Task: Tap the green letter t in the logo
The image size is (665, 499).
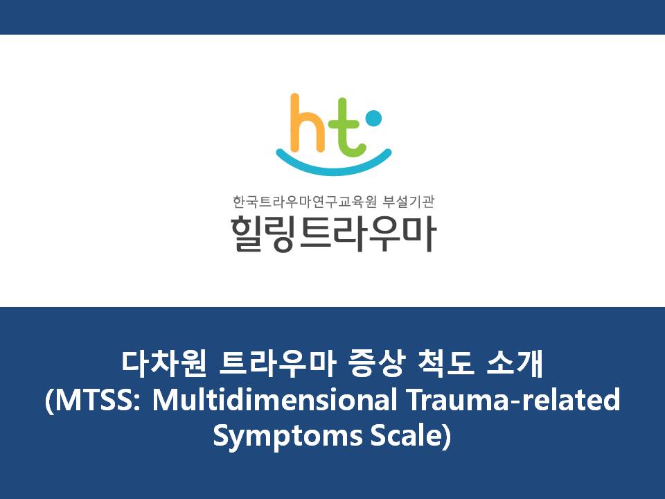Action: pos(348,128)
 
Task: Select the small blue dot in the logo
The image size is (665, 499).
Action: pos(373,119)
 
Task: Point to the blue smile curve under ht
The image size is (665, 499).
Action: pos(334,165)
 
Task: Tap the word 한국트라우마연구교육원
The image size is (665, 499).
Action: pos(304,202)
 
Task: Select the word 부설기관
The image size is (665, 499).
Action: pos(409,202)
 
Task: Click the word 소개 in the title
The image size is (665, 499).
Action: pos(515,364)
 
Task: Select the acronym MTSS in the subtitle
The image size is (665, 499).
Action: pos(94,399)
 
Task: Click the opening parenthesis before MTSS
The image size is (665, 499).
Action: pos(49,400)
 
